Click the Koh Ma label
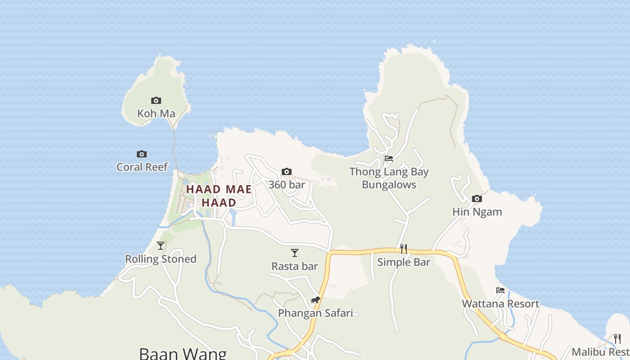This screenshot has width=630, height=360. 156,113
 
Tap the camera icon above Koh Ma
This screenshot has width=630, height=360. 156,100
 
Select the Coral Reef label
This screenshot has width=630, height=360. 142,167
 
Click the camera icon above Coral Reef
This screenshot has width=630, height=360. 142,154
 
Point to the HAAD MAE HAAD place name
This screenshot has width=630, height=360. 219,196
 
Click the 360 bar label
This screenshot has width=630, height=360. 287,184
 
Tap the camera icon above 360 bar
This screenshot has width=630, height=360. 287,171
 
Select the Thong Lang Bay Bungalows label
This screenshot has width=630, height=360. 389,178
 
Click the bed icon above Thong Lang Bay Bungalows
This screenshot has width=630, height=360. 389,158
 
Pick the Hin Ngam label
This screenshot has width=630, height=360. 477,211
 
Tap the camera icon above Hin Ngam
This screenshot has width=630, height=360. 477,198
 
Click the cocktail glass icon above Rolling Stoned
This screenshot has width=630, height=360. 161,246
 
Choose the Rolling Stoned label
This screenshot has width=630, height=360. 161,259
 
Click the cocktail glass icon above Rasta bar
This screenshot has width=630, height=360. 295,253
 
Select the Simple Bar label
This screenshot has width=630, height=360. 404,262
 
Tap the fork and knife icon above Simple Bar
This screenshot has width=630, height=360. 404,249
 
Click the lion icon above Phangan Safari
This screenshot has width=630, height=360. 315,300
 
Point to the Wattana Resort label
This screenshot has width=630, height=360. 500,303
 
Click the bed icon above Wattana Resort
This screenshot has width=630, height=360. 500,290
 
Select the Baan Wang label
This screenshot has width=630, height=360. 183,353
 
